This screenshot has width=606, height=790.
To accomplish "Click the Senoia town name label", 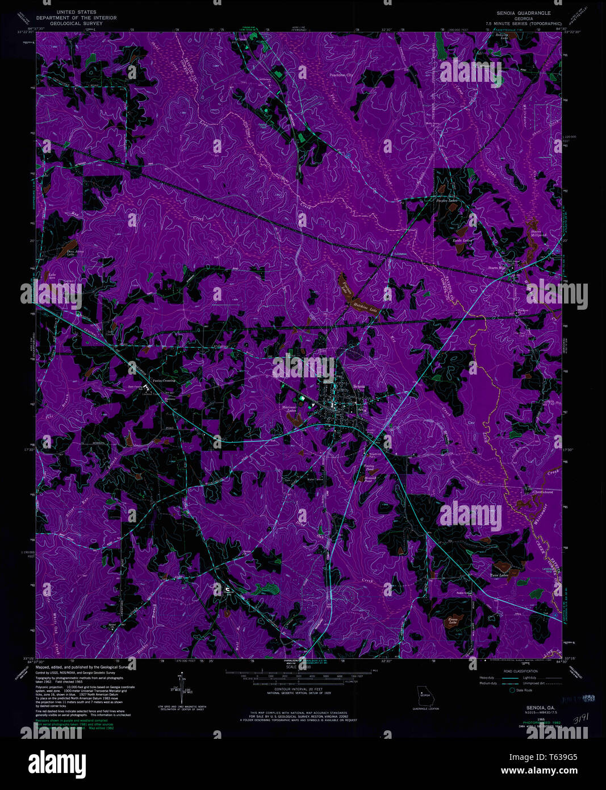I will point(358,386).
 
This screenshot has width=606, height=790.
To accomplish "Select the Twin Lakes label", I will point(499,576).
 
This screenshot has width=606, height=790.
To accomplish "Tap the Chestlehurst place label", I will point(542,492).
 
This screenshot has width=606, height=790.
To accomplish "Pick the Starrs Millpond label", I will point(538,232).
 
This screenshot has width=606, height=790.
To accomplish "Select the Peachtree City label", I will point(341,75).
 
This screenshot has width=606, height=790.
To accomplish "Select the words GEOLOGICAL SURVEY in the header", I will point(76,24).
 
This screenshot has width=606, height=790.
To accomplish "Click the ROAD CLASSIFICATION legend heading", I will point(521,671).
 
